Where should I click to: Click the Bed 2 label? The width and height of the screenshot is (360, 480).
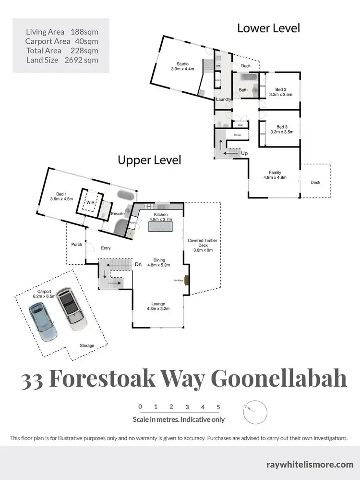(281, 92)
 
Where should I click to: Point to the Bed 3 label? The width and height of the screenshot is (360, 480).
(281, 128)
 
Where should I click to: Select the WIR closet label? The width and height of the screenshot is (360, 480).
(90, 202)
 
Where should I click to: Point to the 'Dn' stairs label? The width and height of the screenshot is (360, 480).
(138, 264)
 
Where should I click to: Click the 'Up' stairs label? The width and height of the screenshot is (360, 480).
(244, 153)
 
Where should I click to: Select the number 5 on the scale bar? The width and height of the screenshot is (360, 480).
(218, 406)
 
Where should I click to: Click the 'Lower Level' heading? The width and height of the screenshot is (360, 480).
(268, 28)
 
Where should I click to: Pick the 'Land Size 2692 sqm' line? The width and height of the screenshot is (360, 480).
(62, 60)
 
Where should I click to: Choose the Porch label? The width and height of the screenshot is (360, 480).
(76, 245)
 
